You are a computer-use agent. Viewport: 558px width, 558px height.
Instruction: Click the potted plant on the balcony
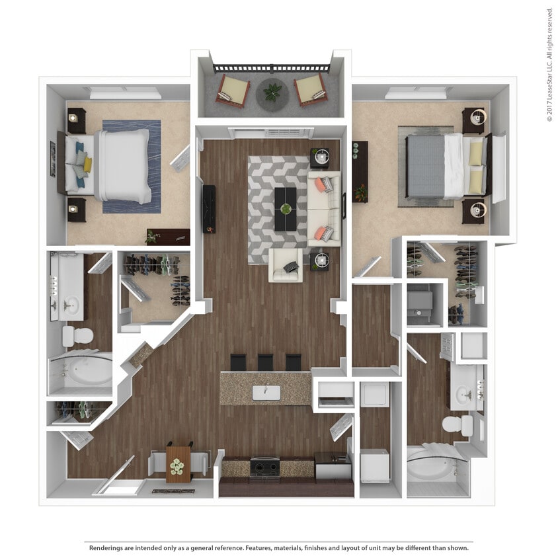[272, 91]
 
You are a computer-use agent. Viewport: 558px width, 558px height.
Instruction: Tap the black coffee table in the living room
[285, 209]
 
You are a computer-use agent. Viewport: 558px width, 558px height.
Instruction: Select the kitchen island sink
[266, 393]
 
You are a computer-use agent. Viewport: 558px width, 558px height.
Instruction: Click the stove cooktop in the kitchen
[264, 467]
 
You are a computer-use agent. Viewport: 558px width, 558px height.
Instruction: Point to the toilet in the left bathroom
[77, 336]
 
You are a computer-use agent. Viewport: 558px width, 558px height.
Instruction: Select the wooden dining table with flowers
[178, 463]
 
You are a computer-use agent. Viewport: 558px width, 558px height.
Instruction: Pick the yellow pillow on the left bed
[87, 165]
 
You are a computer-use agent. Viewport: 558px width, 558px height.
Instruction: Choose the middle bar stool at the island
[265, 362]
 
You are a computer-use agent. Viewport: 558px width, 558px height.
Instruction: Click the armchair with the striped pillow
[285, 266]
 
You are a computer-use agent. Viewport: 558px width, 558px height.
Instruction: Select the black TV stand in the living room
[208, 208]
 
